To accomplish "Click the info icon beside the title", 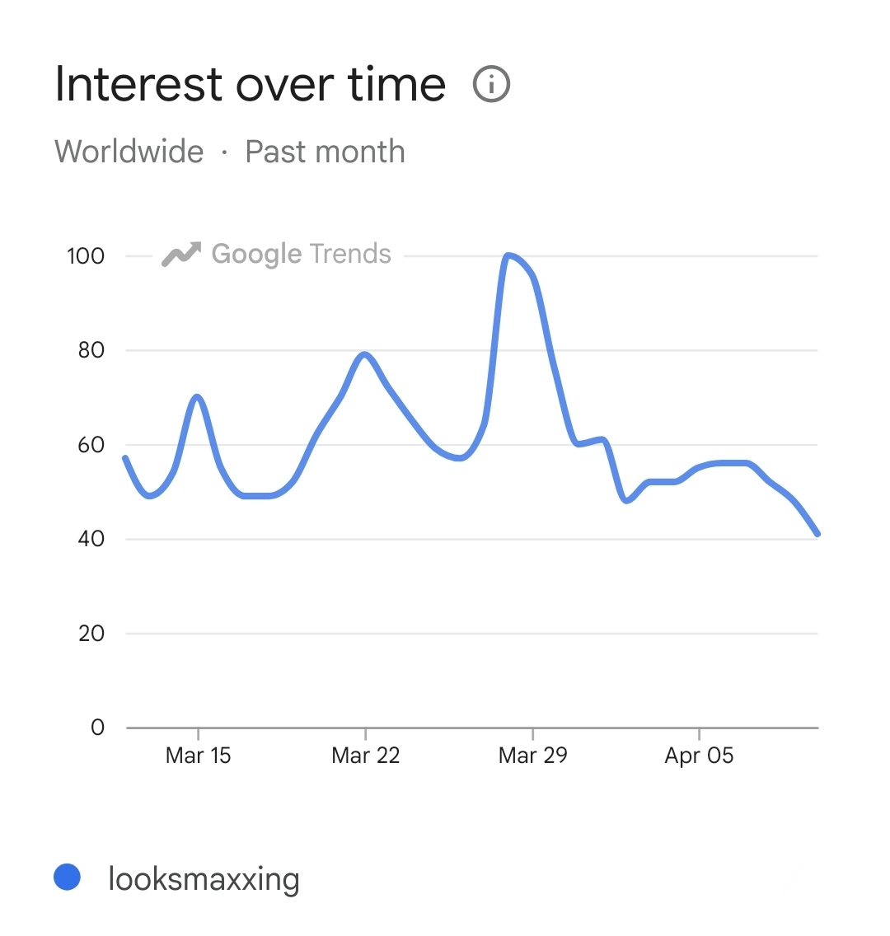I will point(492,84).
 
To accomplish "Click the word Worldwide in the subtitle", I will point(129,152).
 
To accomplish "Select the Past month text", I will point(326,152).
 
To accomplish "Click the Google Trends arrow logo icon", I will point(181,255).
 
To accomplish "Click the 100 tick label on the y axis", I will point(86,256).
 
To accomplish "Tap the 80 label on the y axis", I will point(91,350).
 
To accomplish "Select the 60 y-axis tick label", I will point(91,445).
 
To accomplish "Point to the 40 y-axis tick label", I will point(91,539).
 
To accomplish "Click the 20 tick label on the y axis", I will point(91,634).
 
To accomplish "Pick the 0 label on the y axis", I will point(98,728).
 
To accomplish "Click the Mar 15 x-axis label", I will point(199,756).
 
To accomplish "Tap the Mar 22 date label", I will point(365,756).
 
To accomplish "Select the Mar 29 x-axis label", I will point(532,756).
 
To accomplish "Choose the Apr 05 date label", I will point(699,756).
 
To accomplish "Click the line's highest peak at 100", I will point(508,255).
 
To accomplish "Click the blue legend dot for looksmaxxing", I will point(67,877).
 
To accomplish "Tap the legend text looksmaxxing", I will point(204,879).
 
